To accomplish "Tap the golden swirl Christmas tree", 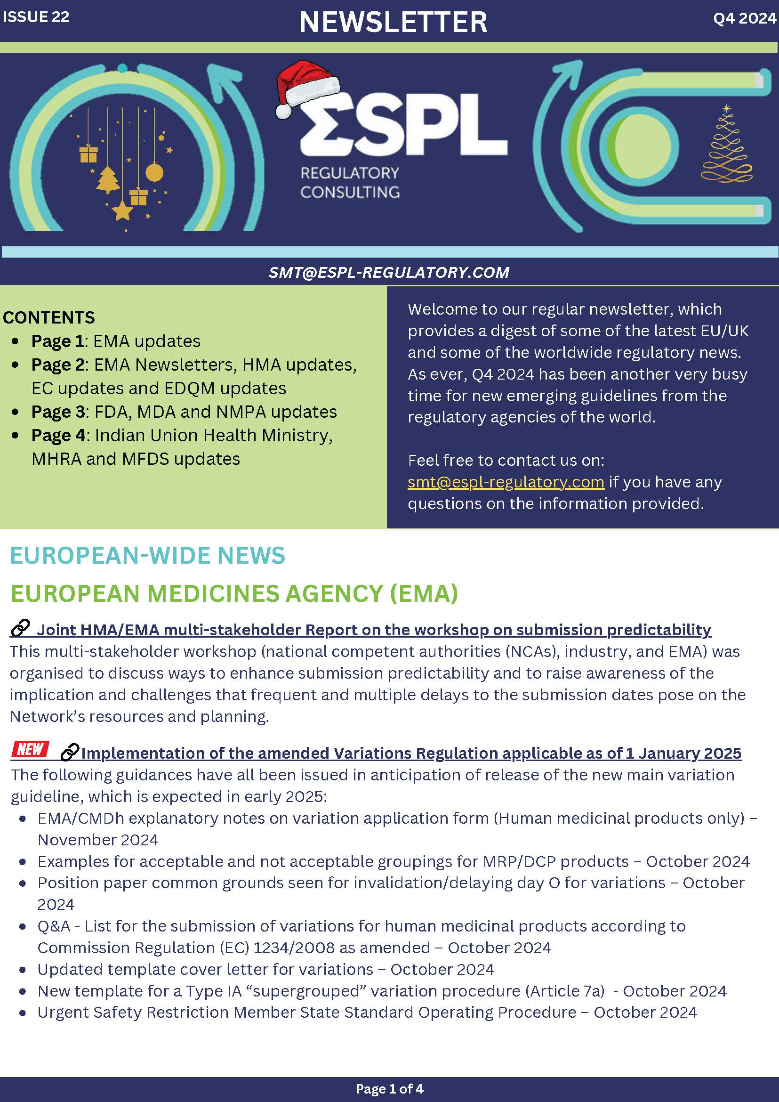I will tap(727, 146).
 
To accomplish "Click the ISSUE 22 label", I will tap(36, 17).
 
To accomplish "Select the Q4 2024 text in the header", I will tap(744, 18).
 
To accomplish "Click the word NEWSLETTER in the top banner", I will tap(393, 22).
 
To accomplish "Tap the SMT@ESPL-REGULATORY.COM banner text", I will tap(388, 273).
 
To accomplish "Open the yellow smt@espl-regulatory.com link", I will tap(506, 482).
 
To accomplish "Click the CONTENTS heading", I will tap(49, 318).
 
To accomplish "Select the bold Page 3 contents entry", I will tap(57, 412).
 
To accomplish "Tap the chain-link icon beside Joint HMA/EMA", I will tap(20, 628).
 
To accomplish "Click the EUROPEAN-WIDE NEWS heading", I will tap(147, 555).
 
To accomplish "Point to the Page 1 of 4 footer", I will tap(389, 1088).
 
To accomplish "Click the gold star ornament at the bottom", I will tap(122, 211).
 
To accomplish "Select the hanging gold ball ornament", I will tap(154, 172).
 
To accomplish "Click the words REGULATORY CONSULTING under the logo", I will tap(350, 182).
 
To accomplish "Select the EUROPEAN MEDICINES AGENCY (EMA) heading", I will tap(234, 593).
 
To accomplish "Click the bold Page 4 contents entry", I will tap(58, 435).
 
